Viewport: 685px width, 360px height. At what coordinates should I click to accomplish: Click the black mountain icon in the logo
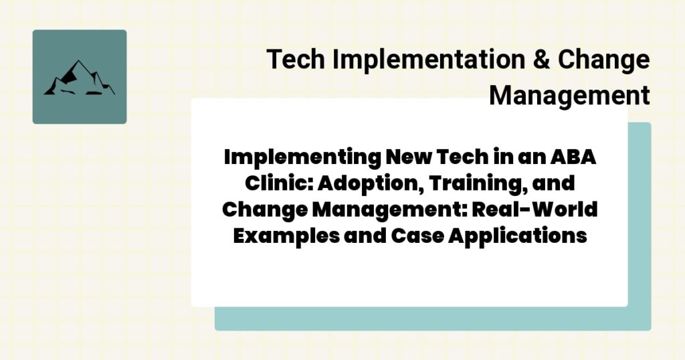tap(79, 78)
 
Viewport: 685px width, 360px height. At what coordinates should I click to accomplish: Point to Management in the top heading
tap(569, 95)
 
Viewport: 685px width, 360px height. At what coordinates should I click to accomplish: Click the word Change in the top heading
tap(604, 60)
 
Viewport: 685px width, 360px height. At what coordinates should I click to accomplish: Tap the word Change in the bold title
tap(262, 210)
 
